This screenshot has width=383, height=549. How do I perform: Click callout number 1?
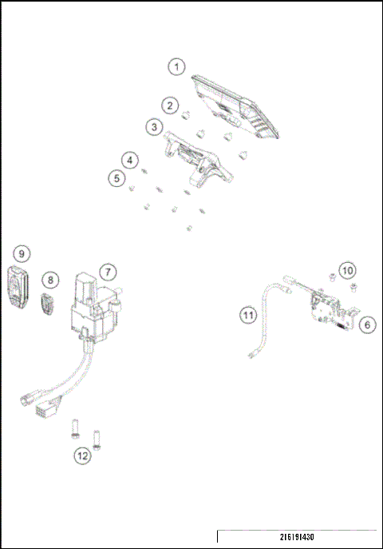pyautogui.click(x=177, y=67)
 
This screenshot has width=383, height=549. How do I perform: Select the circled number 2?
pyautogui.click(x=169, y=105)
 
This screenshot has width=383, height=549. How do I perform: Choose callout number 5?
pyautogui.click(x=118, y=177)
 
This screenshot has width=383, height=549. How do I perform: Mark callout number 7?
pyautogui.click(x=106, y=272)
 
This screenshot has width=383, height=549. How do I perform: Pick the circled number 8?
pyautogui.click(x=51, y=280)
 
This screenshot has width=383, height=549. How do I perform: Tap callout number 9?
pyautogui.click(x=22, y=253)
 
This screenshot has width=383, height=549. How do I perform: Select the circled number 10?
pyautogui.click(x=348, y=271)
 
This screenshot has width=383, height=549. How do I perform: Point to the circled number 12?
pyautogui.click(x=82, y=456)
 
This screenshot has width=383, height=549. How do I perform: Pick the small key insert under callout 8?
pyautogui.click(x=47, y=304)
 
